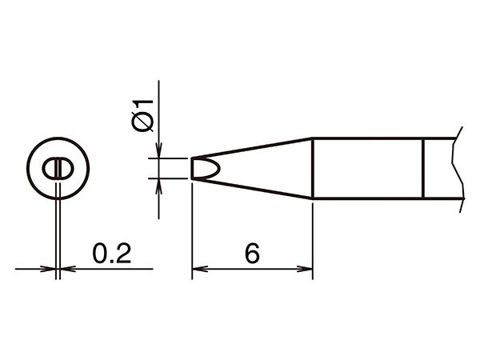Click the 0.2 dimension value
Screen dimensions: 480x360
point(112,254)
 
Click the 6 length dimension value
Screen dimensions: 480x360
point(252,254)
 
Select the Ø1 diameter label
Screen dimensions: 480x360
point(142,115)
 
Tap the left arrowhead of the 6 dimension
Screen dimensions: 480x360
point(199,269)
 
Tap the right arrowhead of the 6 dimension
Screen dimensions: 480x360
point(305,269)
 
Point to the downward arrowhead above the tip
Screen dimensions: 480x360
point(158,150)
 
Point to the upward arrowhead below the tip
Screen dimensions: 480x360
point(158,186)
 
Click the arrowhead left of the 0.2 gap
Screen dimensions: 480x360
point(48,269)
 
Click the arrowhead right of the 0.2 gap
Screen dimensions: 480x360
point(68,269)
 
